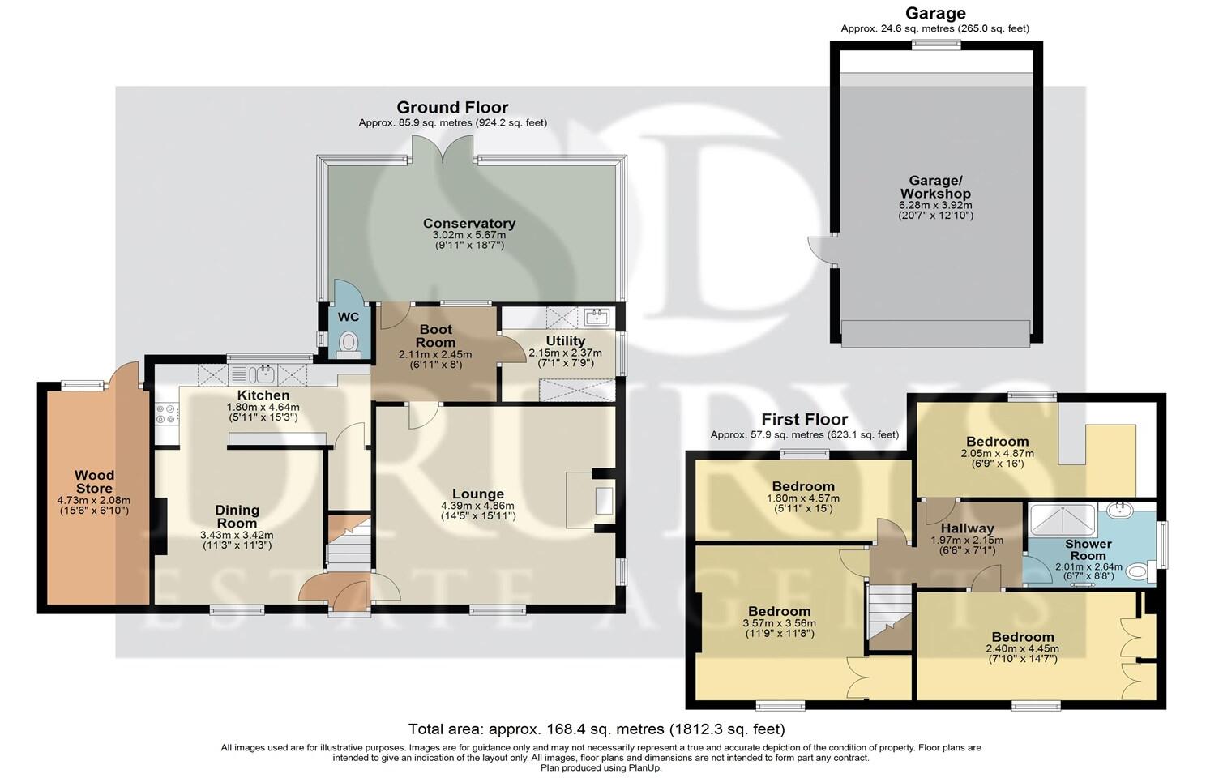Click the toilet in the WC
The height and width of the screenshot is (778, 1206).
click(349, 344)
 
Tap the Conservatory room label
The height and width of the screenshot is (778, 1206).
click(469, 223)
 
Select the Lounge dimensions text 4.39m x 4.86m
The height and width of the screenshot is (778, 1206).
click(477, 506)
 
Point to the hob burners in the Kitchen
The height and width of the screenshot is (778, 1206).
click(166, 413)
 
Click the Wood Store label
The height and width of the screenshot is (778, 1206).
click(94, 481)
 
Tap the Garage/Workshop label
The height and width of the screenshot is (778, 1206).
click(935, 187)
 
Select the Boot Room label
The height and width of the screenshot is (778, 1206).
click(435, 336)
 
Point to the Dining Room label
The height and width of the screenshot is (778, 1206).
click(237, 516)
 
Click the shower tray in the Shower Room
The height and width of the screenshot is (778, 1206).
click(1063, 519)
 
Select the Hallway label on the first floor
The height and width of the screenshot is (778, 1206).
click(967, 528)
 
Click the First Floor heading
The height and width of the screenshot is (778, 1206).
click(804, 419)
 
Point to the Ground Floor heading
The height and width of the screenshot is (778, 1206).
click(452, 107)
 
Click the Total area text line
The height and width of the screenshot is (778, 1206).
click(597, 729)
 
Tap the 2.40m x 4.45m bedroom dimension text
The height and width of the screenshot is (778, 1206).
click(1022, 649)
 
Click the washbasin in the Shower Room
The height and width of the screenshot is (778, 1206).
click(1120, 509)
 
